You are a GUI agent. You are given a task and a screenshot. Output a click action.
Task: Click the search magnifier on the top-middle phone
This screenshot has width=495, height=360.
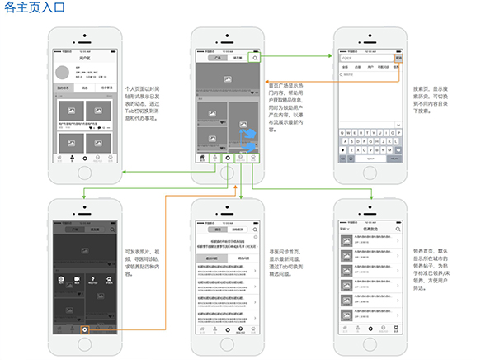[x=256, y=59]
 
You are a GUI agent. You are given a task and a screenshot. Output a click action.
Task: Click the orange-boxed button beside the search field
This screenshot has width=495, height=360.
[x=399, y=59]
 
